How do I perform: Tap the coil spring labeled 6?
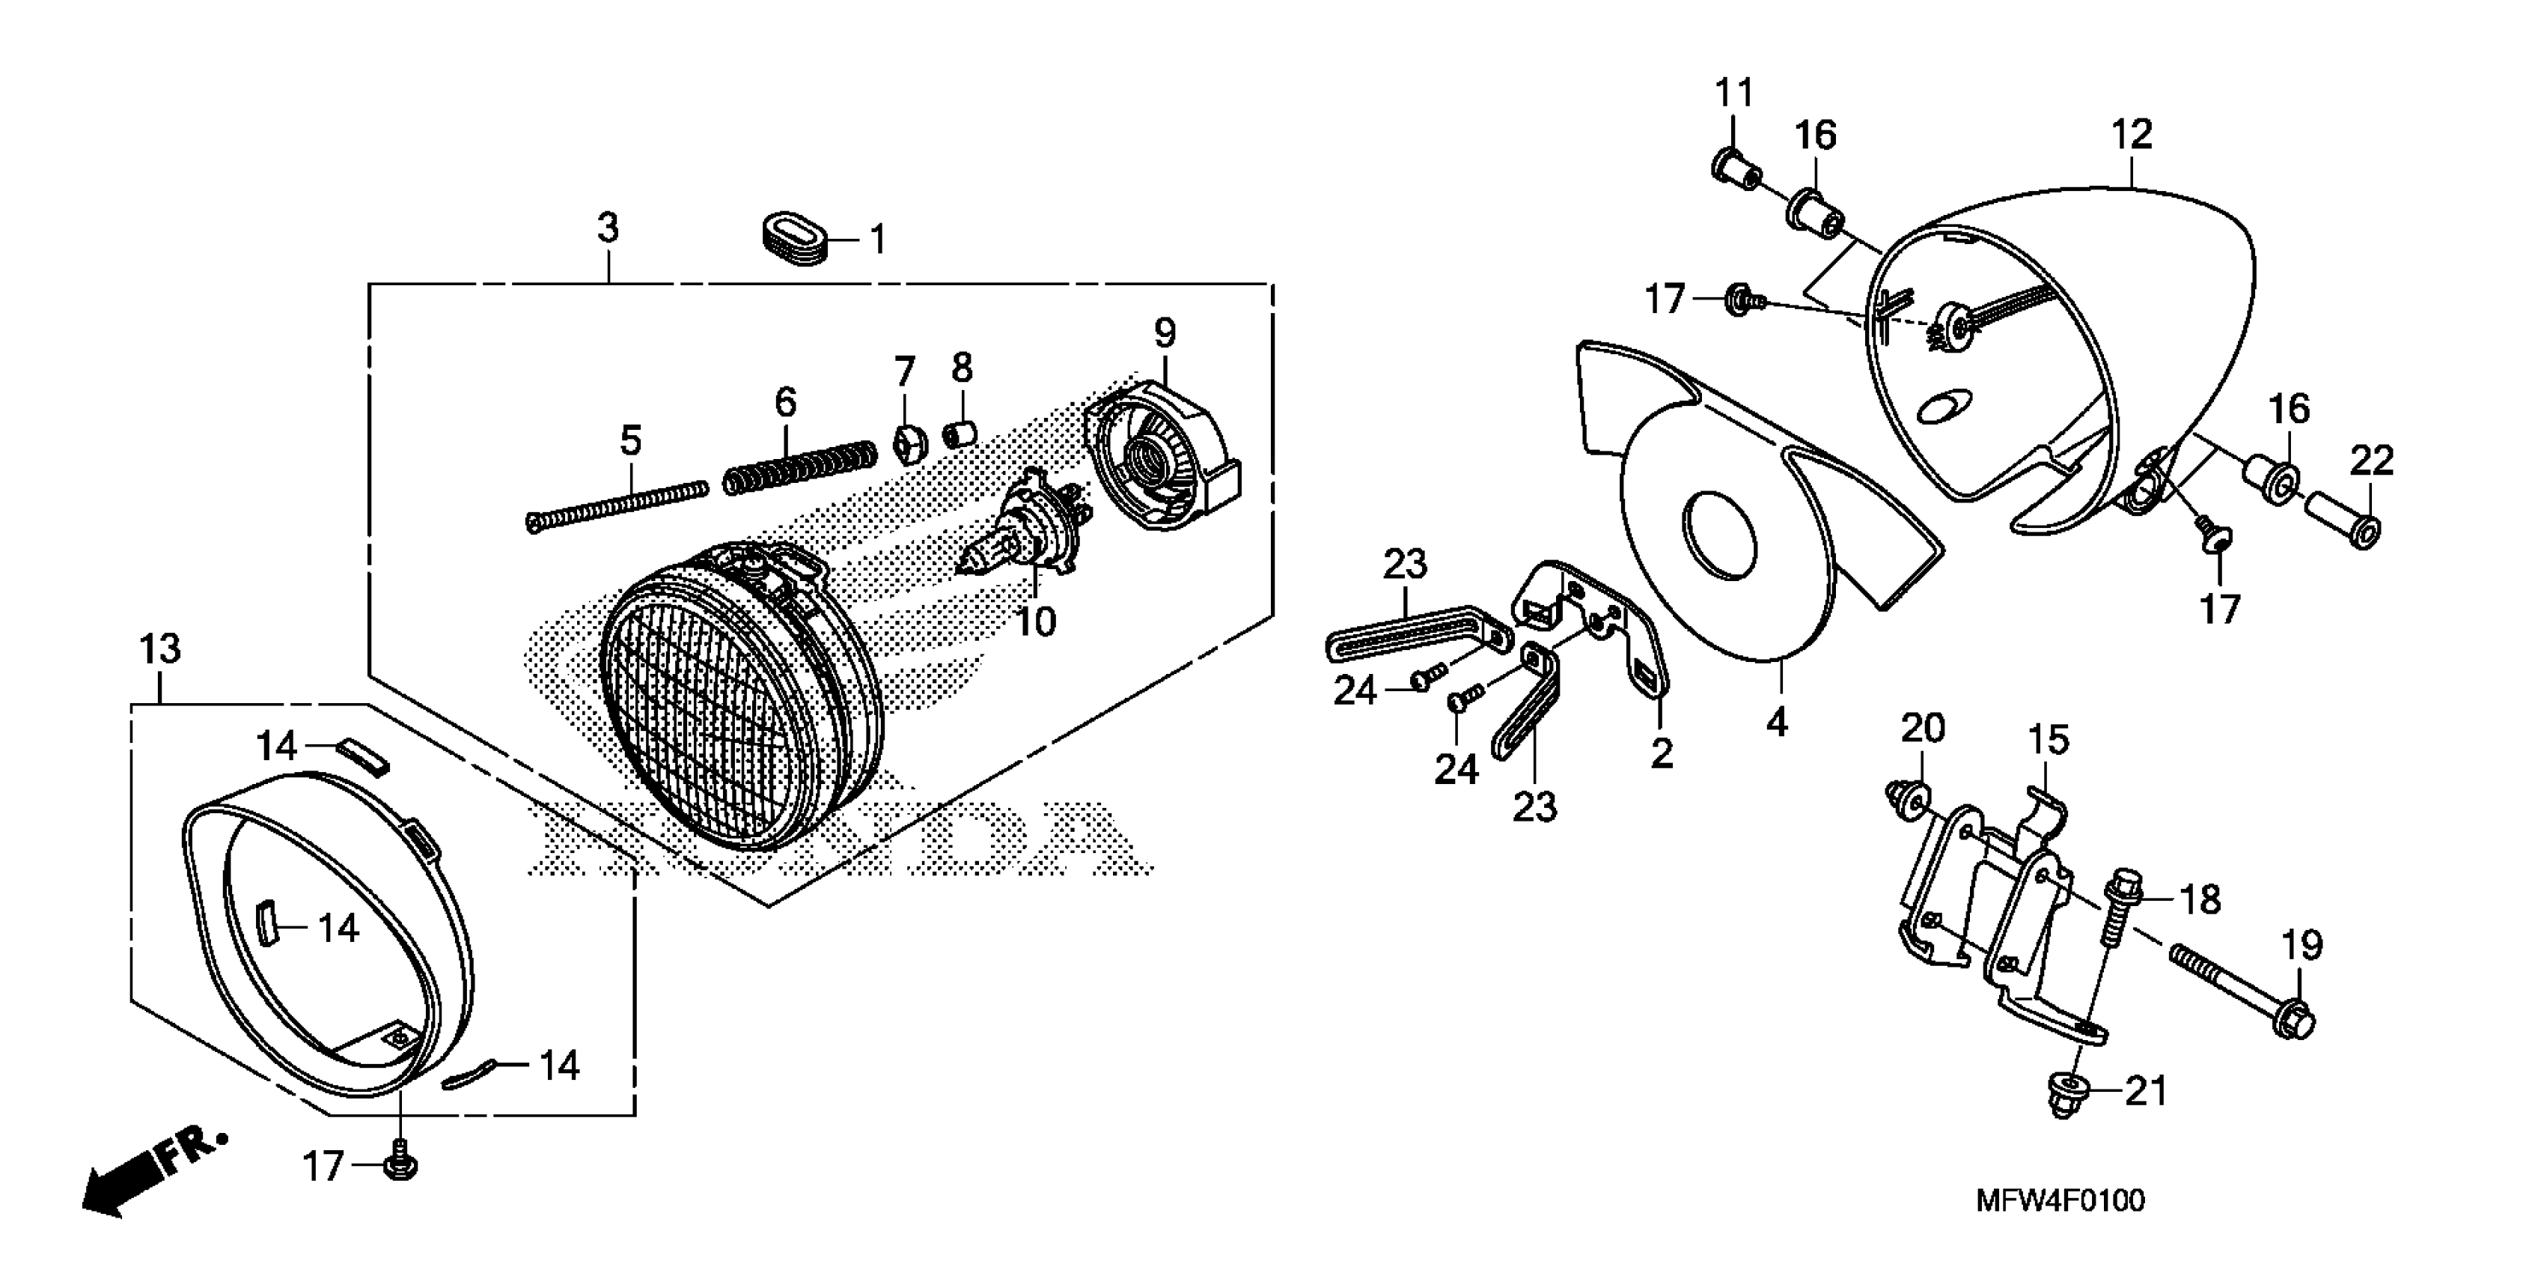[x=801, y=466]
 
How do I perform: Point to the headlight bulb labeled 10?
[x=1019, y=540]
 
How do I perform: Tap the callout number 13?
[x=160, y=650]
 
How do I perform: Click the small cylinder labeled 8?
[x=960, y=434]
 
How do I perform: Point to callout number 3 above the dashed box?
[x=608, y=228]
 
